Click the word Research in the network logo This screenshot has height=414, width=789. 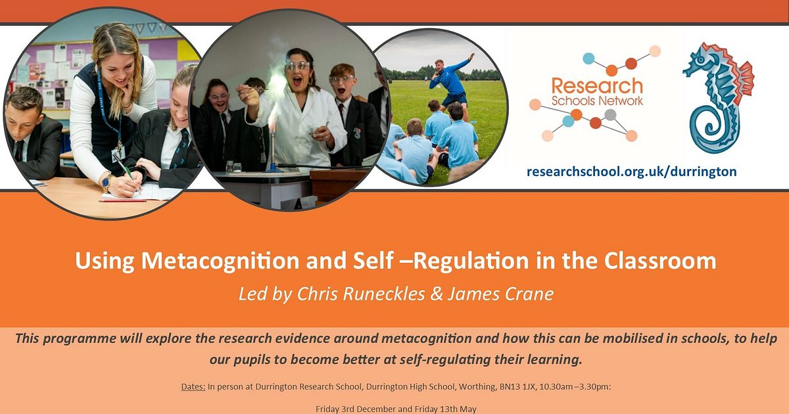(588, 85)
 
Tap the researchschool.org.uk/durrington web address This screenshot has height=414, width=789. (631, 172)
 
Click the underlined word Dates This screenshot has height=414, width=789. (193, 387)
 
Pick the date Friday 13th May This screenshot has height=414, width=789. (447, 409)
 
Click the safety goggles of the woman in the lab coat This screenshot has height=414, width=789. (297, 66)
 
